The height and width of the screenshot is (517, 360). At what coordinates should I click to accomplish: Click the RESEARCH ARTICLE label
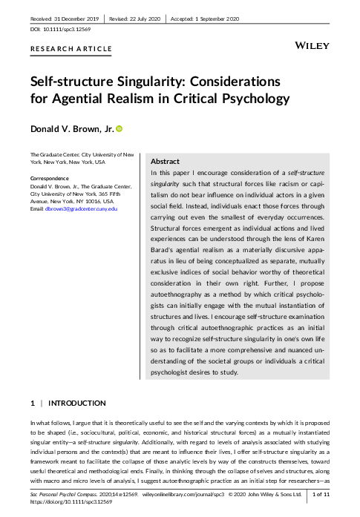pos(71,49)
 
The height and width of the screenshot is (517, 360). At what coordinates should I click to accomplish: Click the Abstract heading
pos(165,160)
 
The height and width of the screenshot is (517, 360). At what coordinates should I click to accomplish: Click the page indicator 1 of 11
pos(327,493)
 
